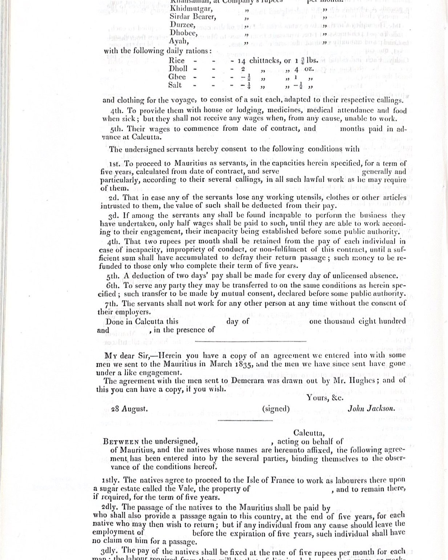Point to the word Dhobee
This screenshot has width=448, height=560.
183,33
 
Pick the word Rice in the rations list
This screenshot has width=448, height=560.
177,60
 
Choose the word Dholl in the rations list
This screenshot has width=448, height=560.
178,69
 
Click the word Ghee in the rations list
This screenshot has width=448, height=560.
177,77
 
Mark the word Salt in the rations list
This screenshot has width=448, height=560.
175,85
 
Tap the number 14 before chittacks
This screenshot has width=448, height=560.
242,61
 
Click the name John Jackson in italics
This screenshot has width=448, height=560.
371,408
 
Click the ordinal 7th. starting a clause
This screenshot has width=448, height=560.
114,303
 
